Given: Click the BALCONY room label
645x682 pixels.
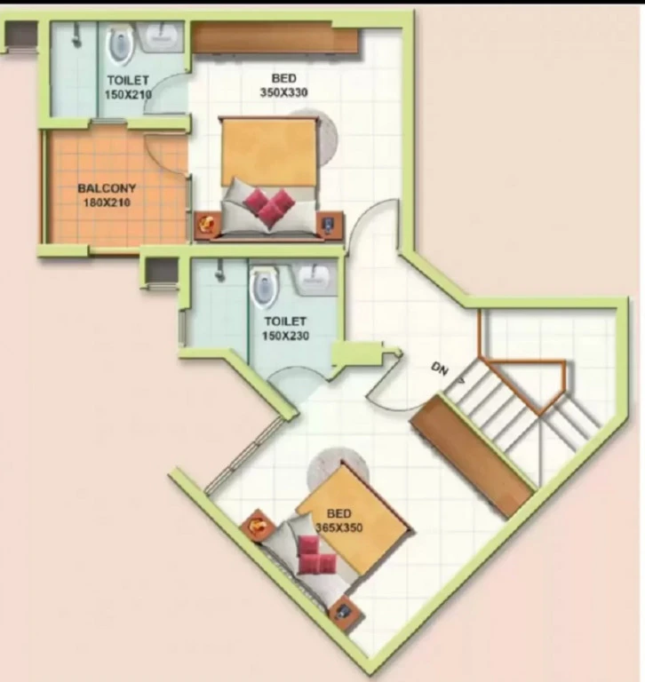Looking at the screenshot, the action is pyautogui.click(x=107, y=188).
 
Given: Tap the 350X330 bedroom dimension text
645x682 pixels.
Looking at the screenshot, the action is pyautogui.click(x=283, y=92).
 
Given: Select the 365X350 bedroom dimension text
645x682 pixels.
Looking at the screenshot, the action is pyautogui.click(x=339, y=527).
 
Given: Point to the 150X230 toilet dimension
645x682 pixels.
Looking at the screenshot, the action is pyautogui.click(x=285, y=336).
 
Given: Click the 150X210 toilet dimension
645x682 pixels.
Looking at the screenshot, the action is pyautogui.click(x=128, y=94).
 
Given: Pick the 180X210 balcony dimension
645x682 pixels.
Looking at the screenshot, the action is pyautogui.click(x=107, y=202).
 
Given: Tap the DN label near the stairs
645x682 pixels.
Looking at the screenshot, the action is pyautogui.click(x=440, y=369).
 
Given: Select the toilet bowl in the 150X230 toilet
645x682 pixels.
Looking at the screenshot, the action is pyautogui.click(x=265, y=289).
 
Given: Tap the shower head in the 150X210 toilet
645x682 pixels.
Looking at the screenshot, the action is pyautogui.click(x=76, y=36).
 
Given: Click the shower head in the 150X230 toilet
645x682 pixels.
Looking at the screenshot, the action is pyautogui.click(x=220, y=271).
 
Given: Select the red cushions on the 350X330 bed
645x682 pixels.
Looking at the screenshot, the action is pyautogui.click(x=269, y=207).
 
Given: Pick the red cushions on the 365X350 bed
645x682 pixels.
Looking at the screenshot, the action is pyautogui.click(x=315, y=554).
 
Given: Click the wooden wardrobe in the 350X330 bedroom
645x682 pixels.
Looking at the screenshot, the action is pyautogui.click(x=275, y=38).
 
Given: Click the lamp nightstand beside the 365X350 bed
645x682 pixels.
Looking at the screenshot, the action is pyautogui.click(x=258, y=527).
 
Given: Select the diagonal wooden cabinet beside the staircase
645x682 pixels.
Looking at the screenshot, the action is pyautogui.click(x=473, y=456).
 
